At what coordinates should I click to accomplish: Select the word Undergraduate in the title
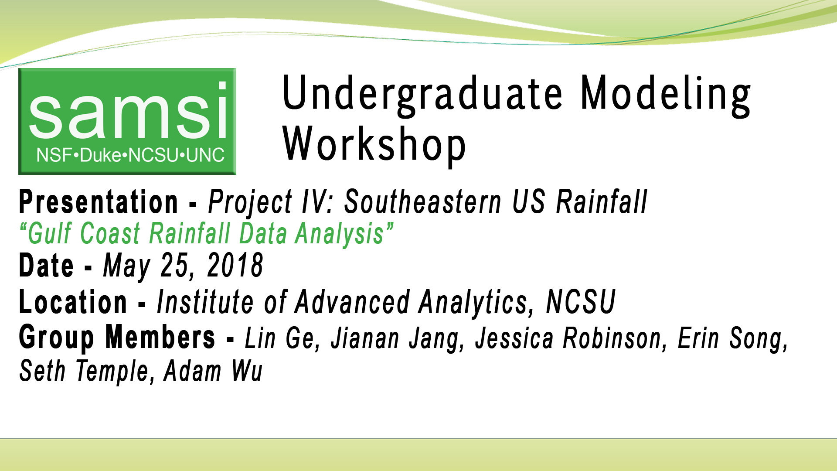coord(422,94)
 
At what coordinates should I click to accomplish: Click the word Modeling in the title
coord(665,94)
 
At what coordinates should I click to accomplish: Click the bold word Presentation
coord(99,202)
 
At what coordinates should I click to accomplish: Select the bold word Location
coord(73,302)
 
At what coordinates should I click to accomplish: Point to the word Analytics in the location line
coord(473,303)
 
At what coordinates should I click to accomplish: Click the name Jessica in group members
coord(514,338)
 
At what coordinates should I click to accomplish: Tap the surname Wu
coord(247,371)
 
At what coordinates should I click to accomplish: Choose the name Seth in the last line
coord(42,371)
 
